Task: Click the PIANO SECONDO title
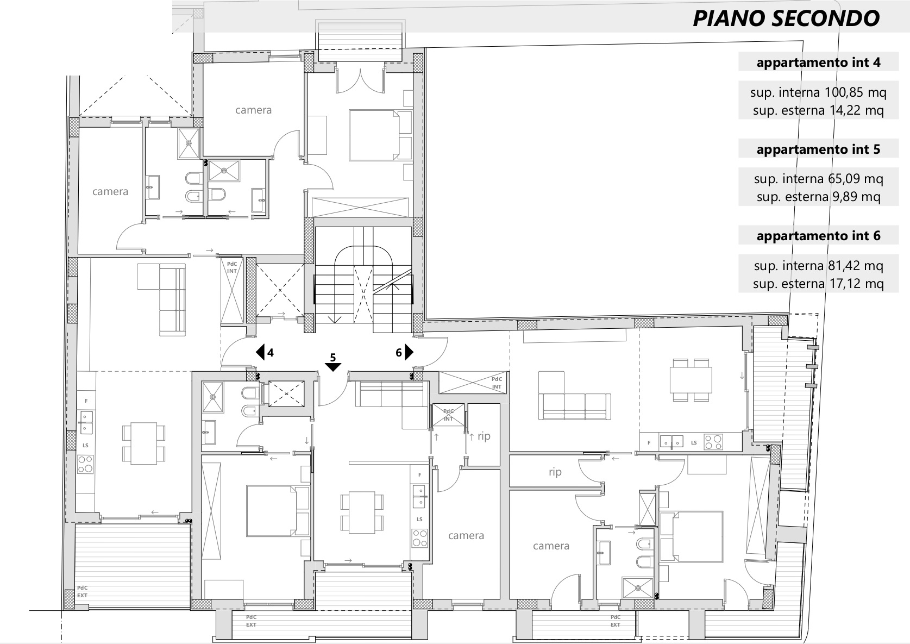tap(786, 18)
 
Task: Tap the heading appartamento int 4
tap(818, 62)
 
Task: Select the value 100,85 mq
tap(856, 92)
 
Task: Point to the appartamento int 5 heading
tap(818, 149)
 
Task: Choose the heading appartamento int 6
tap(818, 236)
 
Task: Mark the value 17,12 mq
tap(856, 283)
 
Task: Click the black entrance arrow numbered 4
tap(260, 352)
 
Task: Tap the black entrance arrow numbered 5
tap(332, 367)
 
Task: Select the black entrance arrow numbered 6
tap(409, 352)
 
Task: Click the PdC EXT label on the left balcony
tap(83, 592)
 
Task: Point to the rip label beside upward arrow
tap(484, 436)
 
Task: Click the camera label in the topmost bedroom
tap(254, 110)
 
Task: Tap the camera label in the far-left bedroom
tap(110, 191)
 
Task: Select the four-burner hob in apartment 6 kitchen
tap(713, 442)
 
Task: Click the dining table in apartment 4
tap(144, 443)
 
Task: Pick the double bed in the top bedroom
tap(374, 135)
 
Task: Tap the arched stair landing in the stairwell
tap(363, 255)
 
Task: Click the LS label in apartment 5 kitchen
tap(419, 519)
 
